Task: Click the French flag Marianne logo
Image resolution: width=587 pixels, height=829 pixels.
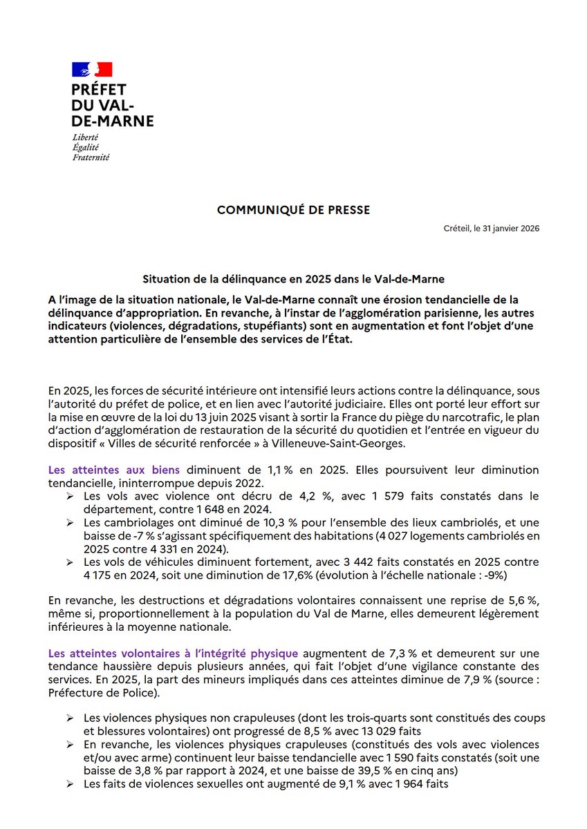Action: [x=92, y=69]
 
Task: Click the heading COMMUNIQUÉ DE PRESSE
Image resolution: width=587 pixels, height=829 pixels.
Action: [x=293, y=210]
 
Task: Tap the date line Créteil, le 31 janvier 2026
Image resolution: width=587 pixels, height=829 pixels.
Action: [x=492, y=229]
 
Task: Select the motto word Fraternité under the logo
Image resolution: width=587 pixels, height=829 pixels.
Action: [x=91, y=157]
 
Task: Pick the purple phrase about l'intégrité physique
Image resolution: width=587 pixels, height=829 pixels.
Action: [x=173, y=653]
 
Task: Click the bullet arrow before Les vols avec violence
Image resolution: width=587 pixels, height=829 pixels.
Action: [x=71, y=496]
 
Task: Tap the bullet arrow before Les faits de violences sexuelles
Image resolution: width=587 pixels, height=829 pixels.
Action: [x=71, y=783]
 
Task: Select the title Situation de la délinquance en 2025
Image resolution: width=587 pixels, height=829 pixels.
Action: [x=293, y=279]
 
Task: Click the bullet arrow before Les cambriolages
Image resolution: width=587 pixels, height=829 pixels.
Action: [x=71, y=522]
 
